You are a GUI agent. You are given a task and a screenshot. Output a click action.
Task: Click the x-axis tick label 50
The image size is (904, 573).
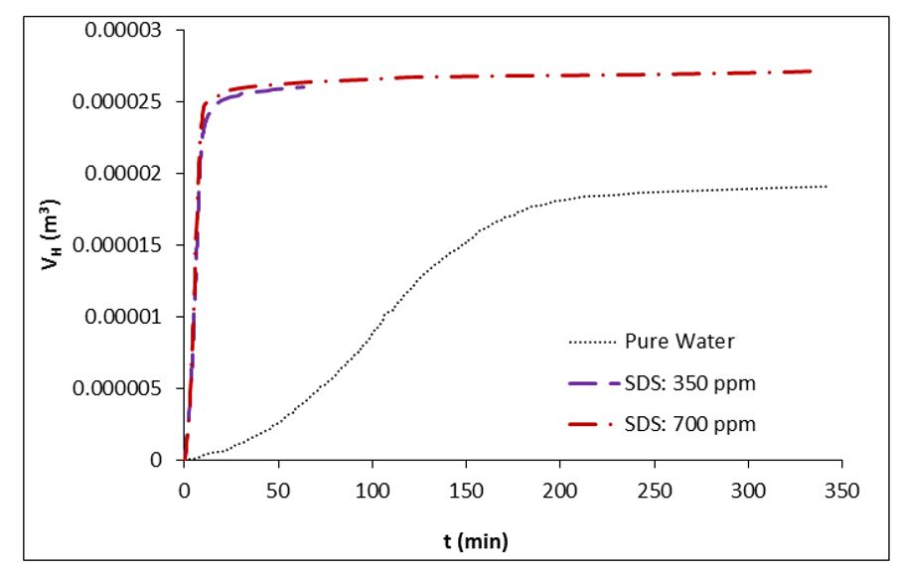278,491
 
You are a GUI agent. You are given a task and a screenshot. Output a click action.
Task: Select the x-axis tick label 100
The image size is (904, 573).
373,491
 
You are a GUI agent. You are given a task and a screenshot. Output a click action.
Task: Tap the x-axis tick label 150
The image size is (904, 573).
466,491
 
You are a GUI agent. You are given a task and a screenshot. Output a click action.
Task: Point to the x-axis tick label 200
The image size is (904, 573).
560,491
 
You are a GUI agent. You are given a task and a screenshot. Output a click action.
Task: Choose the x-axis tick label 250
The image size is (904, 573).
654,491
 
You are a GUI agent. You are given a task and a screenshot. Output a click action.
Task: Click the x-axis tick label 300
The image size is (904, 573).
748,491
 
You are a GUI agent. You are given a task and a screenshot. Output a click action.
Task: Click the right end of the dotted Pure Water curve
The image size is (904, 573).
827,187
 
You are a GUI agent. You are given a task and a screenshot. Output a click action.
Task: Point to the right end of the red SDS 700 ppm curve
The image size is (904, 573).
812,72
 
